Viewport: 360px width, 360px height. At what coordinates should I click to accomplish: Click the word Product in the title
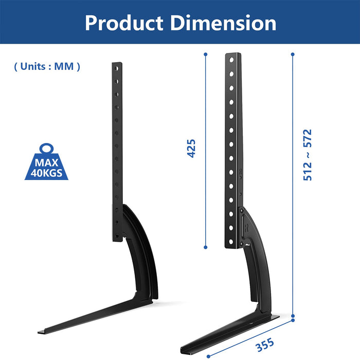coord(124,23)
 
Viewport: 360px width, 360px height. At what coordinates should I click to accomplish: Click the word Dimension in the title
coord(223,23)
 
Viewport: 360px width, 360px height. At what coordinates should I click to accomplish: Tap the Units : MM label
coord(47,66)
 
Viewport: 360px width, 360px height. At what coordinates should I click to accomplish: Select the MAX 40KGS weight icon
coord(46,161)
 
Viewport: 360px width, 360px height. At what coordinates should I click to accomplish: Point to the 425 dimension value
coord(191,148)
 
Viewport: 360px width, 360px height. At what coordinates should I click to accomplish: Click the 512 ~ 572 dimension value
coord(308,155)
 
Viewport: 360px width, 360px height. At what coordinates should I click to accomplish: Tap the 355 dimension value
coord(265,345)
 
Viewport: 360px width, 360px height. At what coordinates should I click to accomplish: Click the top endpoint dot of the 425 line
coord(206,55)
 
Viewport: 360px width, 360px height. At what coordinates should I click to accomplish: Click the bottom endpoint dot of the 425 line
coord(206,247)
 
